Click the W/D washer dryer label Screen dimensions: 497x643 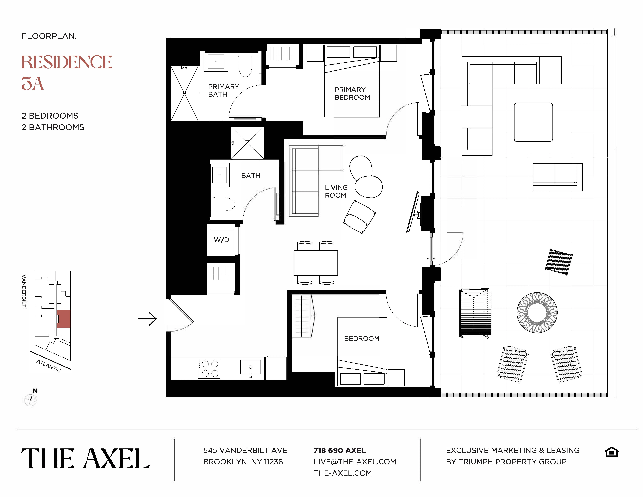[221, 240]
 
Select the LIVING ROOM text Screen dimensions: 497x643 [336, 191]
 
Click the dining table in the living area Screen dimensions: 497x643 [316, 263]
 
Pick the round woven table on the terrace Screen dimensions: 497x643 [537, 313]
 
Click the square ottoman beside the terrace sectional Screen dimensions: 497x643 [533, 122]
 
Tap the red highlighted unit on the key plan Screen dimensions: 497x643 [63, 319]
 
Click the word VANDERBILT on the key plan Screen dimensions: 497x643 [24, 291]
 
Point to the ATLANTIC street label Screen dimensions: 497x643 [49, 366]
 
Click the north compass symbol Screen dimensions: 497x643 [31, 400]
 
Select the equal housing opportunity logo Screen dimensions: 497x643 [612, 452]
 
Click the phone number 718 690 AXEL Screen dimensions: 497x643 [339, 451]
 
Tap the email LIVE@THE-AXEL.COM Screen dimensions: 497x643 [355, 462]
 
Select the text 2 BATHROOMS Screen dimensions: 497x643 [53, 127]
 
